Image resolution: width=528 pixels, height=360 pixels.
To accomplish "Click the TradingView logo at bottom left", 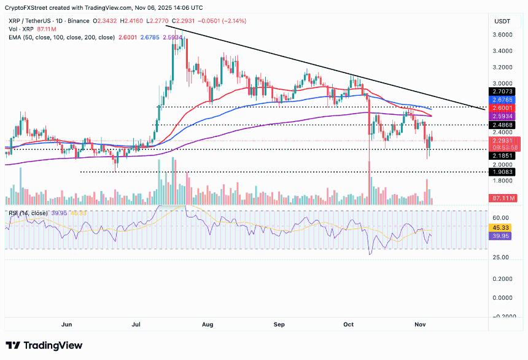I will pos(44,345).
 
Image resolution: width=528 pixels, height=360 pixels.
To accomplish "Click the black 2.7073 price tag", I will pos(503,91).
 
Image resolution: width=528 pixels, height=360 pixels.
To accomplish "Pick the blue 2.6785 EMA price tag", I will pos(503,99).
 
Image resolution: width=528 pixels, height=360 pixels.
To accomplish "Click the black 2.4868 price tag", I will pos(503,125).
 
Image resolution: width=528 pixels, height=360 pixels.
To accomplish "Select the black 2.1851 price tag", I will pos(503,156).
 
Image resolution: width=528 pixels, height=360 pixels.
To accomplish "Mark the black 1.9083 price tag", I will pos(503,172).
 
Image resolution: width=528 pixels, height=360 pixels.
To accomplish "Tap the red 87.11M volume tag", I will pos(503,198).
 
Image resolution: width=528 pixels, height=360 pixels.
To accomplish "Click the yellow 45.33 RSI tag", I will pos(503,227).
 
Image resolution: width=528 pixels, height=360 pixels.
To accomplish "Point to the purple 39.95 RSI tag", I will pos(503,235).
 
